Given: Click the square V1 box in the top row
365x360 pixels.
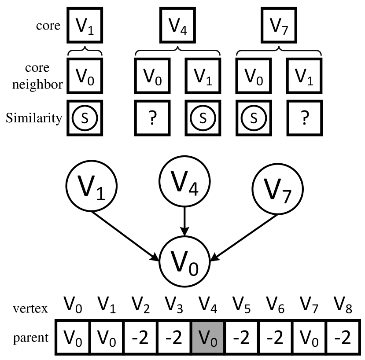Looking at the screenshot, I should (x=85, y=27).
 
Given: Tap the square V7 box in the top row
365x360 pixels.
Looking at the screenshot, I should (x=278, y=27).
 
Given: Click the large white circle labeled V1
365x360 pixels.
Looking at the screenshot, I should (x=92, y=186).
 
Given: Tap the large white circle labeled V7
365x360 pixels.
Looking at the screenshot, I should (x=278, y=190).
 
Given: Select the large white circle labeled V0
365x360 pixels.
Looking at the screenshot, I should (x=184, y=262).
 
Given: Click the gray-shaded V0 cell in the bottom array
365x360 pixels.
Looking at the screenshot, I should (x=208, y=338).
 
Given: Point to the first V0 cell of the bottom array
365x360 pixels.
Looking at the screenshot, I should (x=73, y=338).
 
